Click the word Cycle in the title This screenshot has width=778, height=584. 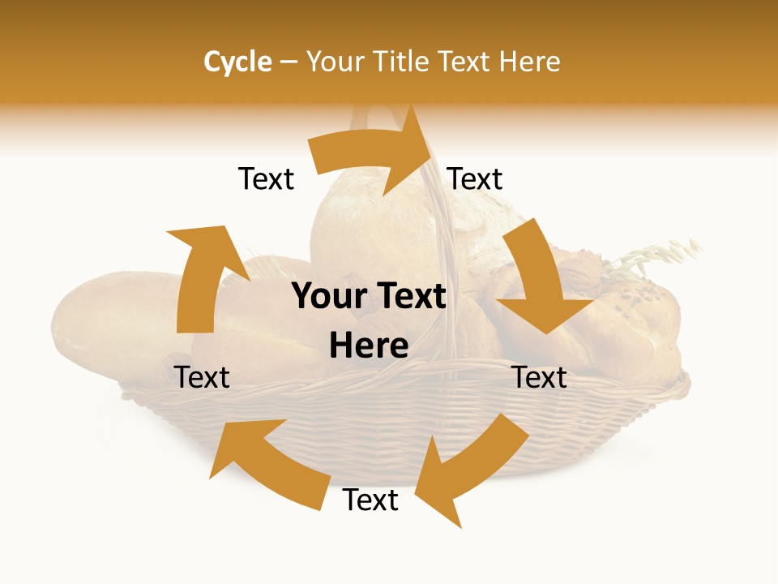click(x=237, y=62)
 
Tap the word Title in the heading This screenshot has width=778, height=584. click(x=402, y=62)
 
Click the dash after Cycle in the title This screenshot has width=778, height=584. click(x=289, y=62)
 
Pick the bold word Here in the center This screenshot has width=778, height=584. click(x=369, y=346)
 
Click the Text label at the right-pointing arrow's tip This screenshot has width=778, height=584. click(x=475, y=178)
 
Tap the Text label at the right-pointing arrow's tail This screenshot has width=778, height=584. click(x=266, y=178)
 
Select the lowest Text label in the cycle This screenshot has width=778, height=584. click(x=370, y=500)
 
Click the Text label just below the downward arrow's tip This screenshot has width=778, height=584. click(x=540, y=377)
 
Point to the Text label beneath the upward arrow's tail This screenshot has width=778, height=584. click(x=202, y=377)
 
